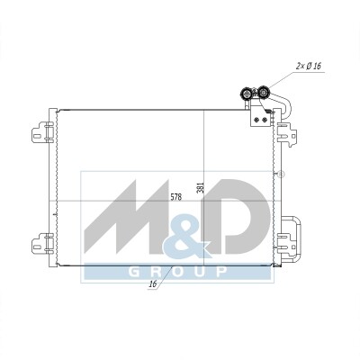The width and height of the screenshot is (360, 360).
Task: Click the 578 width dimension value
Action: tap(175, 197)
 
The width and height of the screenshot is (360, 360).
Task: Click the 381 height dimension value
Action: tap(201, 187)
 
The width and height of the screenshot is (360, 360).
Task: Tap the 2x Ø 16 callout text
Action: tap(309, 66)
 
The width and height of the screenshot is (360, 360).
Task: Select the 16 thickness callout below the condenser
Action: tap(153, 283)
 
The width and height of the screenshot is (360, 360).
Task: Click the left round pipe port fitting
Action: tap(246, 94)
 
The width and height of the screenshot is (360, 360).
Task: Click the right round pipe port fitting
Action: tap(263, 92)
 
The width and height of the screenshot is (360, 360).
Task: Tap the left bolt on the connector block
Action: tap(256, 120)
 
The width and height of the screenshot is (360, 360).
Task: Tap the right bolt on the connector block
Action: tap(265, 120)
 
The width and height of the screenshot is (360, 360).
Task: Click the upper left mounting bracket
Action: tap(42, 132)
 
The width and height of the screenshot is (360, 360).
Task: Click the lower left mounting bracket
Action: tap(42, 243)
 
